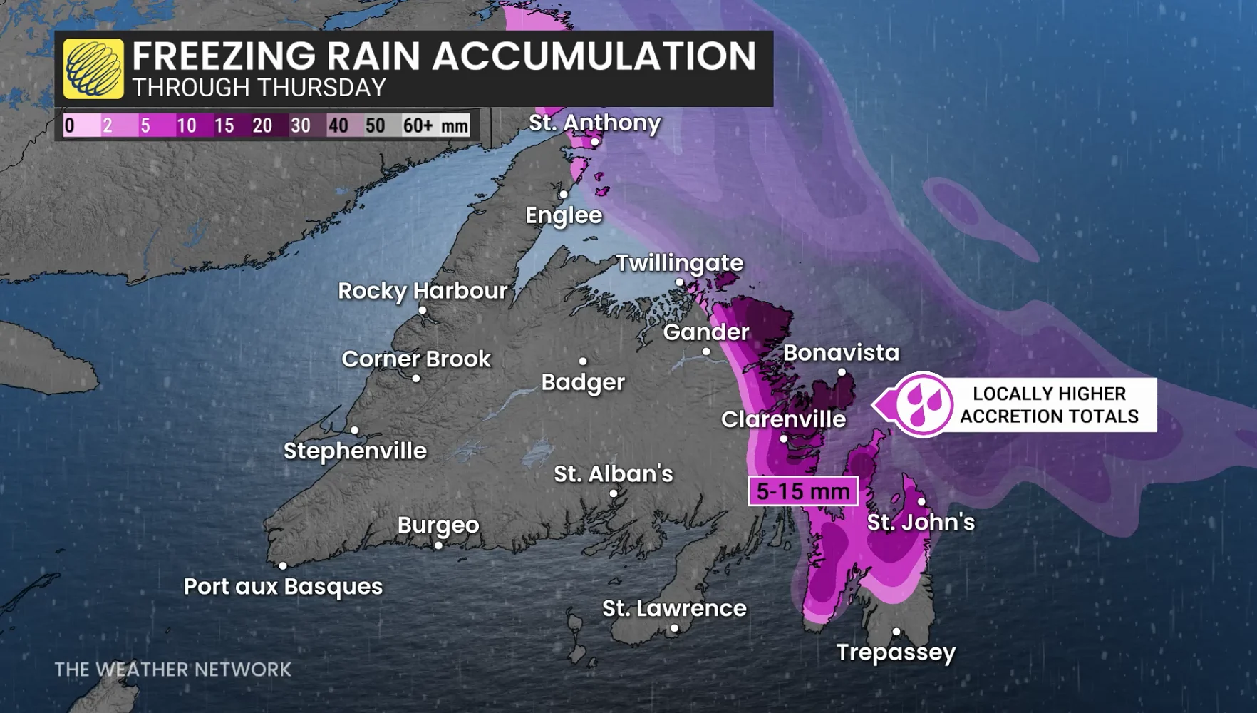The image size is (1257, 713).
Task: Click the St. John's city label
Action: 921,522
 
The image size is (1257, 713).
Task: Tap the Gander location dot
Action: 706,351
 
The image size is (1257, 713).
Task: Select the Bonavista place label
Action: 841,352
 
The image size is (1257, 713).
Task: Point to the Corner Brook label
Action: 416,359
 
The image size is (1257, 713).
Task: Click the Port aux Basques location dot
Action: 283,565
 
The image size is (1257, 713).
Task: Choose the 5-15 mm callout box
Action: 803,491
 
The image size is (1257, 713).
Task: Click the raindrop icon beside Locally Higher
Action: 924,404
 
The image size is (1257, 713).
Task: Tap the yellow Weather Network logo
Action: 93,68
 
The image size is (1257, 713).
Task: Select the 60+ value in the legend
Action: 418,125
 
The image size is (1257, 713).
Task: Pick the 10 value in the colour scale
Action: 187,125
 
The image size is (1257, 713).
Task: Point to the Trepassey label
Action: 896,652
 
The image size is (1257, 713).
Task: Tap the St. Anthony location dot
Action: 594,142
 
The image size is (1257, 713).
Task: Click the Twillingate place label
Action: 679,262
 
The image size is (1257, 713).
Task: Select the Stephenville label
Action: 355,451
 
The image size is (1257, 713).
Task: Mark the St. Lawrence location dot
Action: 674,628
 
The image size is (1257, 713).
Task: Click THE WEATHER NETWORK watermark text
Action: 173,670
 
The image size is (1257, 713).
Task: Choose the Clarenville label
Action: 783,419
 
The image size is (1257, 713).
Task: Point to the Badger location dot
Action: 583,361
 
